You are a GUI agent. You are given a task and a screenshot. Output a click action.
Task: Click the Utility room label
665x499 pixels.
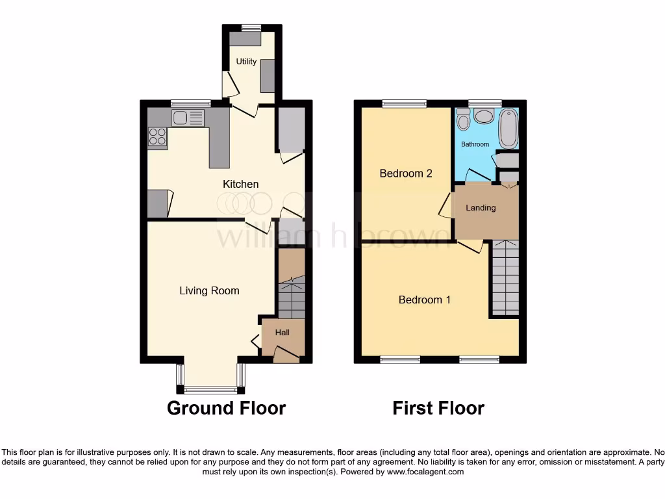click(246, 62)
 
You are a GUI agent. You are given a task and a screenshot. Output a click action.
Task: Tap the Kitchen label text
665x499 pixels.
click(240, 184)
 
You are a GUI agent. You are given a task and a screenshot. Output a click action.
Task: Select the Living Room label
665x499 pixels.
click(209, 290)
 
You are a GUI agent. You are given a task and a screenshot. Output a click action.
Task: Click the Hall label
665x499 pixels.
click(282, 333)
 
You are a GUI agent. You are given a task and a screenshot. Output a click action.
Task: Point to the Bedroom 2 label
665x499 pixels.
click(406, 173)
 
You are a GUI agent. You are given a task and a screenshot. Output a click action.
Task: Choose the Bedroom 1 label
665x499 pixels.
click(425, 300)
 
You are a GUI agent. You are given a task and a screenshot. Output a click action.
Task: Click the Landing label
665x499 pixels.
click(481, 208)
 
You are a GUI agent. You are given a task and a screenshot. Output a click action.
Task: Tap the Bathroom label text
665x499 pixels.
click(475, 144)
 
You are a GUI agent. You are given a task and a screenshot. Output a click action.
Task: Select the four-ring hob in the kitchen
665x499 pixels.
click(157, 136)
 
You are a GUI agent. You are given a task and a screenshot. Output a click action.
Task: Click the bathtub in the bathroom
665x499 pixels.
click(508, 129)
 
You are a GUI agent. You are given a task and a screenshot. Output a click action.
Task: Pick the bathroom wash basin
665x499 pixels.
click(483, 116)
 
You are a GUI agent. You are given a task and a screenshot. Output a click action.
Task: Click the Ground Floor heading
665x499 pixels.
click(226, 408)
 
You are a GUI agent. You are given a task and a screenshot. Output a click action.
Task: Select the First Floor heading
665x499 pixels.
click(438, 408)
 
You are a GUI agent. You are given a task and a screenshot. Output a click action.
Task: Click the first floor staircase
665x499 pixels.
click(505, 276)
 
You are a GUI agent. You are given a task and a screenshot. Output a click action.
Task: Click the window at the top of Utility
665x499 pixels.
click(251, 27)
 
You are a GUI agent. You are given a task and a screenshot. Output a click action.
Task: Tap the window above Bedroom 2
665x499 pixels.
click(404, 103)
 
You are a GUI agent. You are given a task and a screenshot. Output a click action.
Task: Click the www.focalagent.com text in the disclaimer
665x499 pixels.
click(425, 472)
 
